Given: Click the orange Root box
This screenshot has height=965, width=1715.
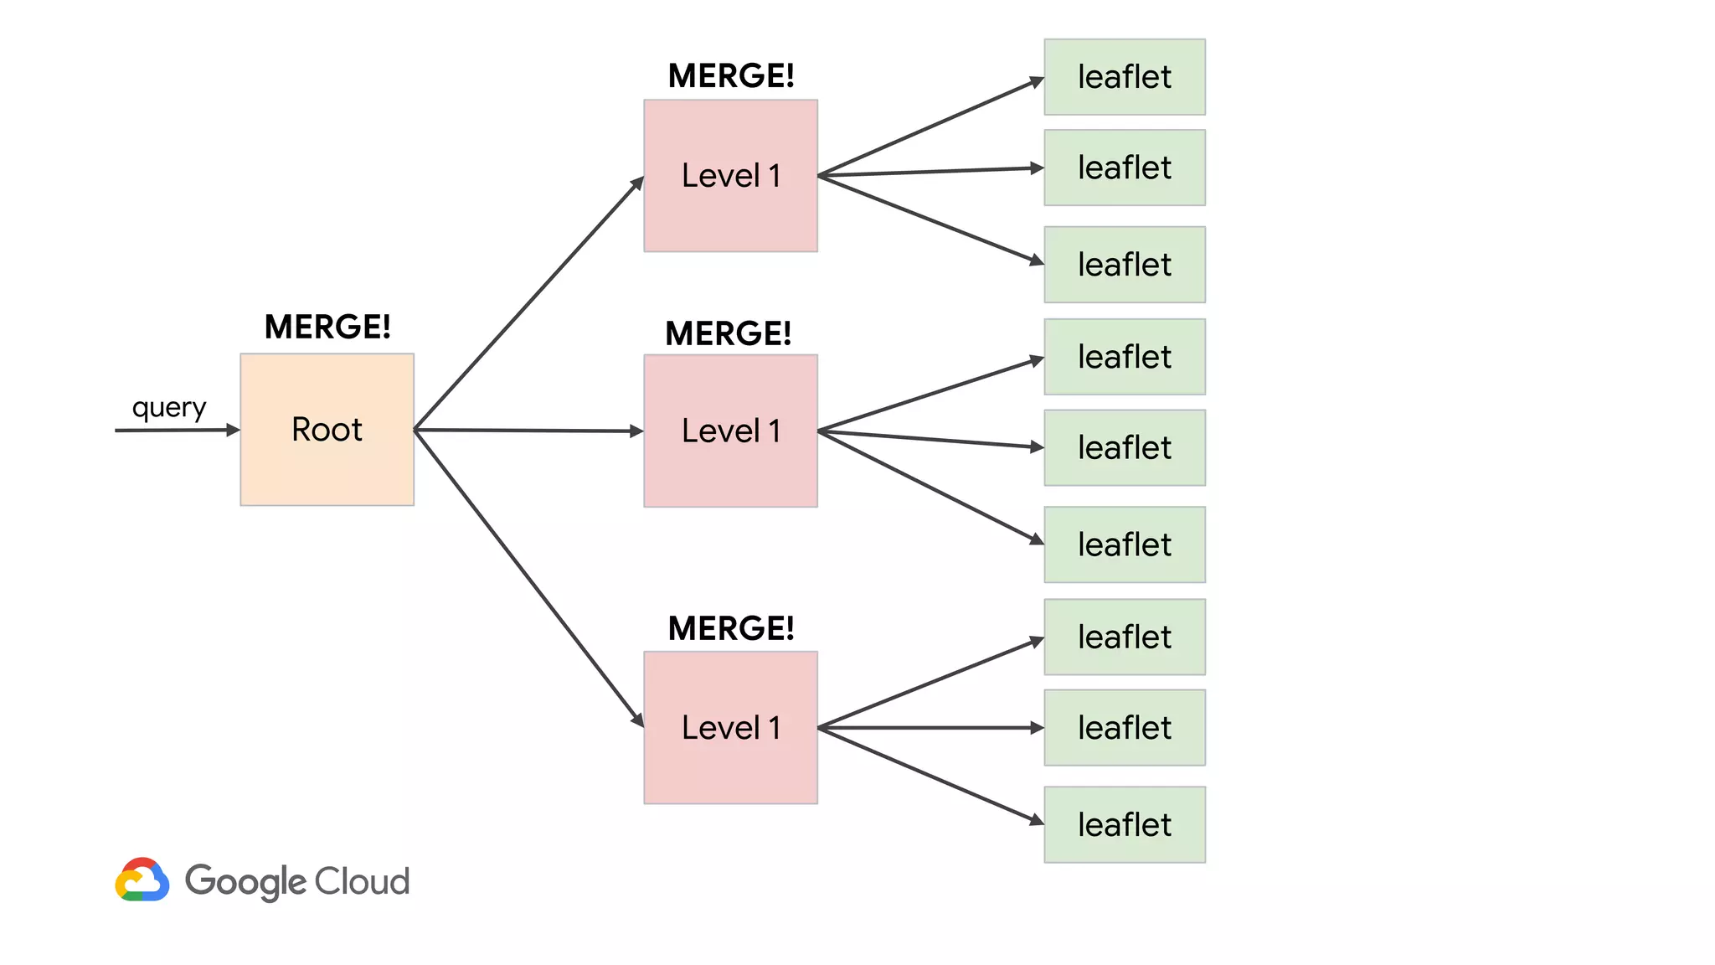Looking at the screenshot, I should click(x=327, y=429).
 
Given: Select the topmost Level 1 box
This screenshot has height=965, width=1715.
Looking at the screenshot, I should click(x=730, y=176).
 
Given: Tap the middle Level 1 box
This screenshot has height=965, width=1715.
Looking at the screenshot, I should click(x=730, y=431).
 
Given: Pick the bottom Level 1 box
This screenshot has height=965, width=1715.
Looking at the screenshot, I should click(x=730, y=727).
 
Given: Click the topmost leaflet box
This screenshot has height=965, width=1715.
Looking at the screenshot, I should click(x=1124, y=77).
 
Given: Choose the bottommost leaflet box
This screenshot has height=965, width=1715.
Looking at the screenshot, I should click(x=1124, y=824).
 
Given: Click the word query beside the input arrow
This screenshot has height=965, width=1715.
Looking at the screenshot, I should click(x=169, y=408).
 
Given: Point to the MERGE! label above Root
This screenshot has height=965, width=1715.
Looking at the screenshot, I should click(x=327, y=327).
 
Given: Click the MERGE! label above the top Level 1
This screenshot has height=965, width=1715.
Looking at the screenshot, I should click(x=731, y=76).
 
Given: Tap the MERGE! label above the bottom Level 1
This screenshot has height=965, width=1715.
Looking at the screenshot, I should click(x=731, y=628).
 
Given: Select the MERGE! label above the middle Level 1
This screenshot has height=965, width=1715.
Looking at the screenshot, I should click(x=728, y=333).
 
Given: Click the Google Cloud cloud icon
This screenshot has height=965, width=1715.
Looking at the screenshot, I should click(x=142, y=880).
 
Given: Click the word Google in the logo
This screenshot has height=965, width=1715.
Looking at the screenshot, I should click(x=245, y=881).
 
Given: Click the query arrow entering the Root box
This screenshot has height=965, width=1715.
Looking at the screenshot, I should click(x=176, y=431).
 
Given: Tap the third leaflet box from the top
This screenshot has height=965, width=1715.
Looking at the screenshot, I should click(x=1124, y=265).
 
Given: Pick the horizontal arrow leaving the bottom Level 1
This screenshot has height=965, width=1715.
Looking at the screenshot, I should click(x=930, y=728).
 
